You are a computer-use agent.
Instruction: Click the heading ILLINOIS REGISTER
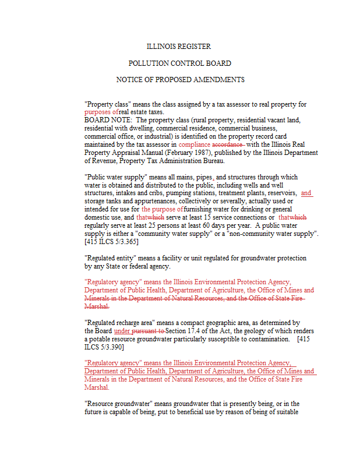(x=178, y=47)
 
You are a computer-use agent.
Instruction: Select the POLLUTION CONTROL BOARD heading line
(x=179, y=63)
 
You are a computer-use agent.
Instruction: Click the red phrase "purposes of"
(x=101, y=112)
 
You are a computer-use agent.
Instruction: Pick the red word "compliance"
(x=195, y=144)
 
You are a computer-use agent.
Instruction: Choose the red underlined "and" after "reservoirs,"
(x=306, y=193)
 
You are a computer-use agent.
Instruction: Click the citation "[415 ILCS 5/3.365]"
(x=111, y=241)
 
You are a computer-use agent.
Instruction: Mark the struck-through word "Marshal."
(x=96, y=306)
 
